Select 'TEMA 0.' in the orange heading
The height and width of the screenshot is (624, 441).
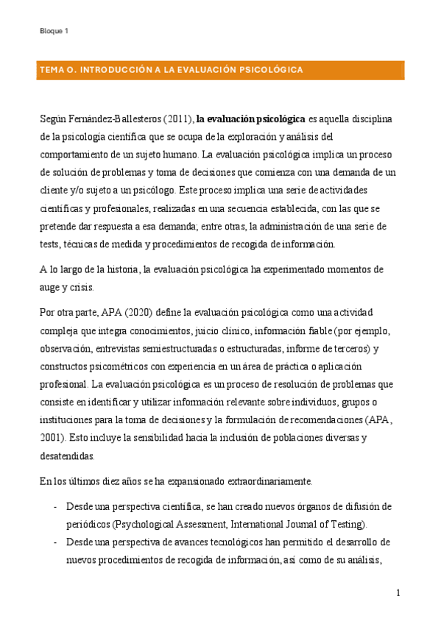(57, 70)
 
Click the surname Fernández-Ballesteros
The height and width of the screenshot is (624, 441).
(107, 118)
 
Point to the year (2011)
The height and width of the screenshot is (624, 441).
(174, 118)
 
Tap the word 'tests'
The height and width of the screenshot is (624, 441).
(50, 244)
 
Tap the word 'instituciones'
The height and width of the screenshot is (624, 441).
(68, 419)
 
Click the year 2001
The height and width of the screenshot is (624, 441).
(52, 437)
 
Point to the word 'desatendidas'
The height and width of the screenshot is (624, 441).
(67, 455)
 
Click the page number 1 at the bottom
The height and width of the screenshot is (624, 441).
(398, 593)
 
